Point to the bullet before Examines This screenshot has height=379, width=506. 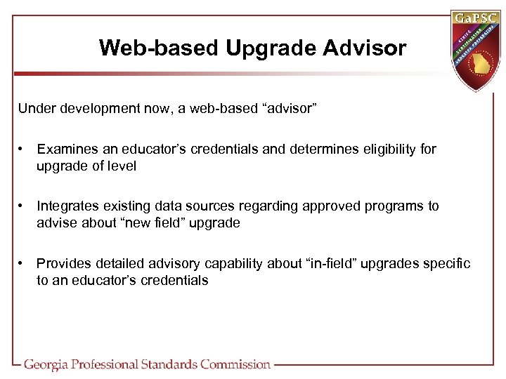click(23, 149)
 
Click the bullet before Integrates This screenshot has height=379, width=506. click(23, 206)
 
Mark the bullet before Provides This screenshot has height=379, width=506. click(23, 263)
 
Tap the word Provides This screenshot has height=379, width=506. click(64, 263)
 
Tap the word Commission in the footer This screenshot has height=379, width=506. click(235, 364)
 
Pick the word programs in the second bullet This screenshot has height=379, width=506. click(388, 206)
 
